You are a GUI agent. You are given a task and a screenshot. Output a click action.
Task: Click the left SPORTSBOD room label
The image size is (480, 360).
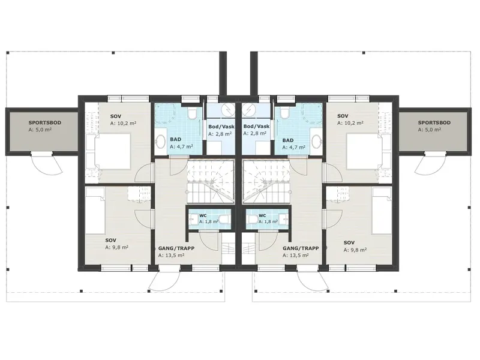[44, 122]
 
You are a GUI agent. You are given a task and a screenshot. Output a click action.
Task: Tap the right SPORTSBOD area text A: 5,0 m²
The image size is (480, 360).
[430, 130]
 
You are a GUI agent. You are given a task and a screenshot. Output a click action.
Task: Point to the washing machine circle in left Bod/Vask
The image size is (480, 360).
[228, 108]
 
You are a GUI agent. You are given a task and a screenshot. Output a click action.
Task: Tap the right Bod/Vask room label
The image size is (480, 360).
[256, 126]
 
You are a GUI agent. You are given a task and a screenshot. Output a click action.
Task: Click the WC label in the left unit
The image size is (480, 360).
[203, 215]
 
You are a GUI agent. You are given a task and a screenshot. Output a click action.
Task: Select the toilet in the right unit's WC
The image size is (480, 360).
[253, 219]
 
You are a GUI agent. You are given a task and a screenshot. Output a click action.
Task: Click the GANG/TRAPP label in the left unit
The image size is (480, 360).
[176, 248]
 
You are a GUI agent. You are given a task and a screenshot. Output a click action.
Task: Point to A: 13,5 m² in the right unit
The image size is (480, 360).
[295, 256]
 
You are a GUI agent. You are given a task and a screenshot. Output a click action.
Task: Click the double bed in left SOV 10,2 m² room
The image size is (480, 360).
[112, 151]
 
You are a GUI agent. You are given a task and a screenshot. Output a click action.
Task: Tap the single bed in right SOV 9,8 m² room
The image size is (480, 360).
[382, 211]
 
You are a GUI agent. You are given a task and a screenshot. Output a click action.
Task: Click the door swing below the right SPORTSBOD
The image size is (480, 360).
[430, 164]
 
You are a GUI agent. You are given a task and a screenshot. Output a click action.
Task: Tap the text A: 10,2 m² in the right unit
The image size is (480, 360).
[350, 123]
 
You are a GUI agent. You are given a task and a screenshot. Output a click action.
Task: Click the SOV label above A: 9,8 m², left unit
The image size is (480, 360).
[110, 241]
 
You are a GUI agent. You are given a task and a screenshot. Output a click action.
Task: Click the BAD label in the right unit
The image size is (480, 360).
[288, 140]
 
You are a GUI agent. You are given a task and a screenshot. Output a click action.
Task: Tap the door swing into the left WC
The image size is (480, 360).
[208, 241]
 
